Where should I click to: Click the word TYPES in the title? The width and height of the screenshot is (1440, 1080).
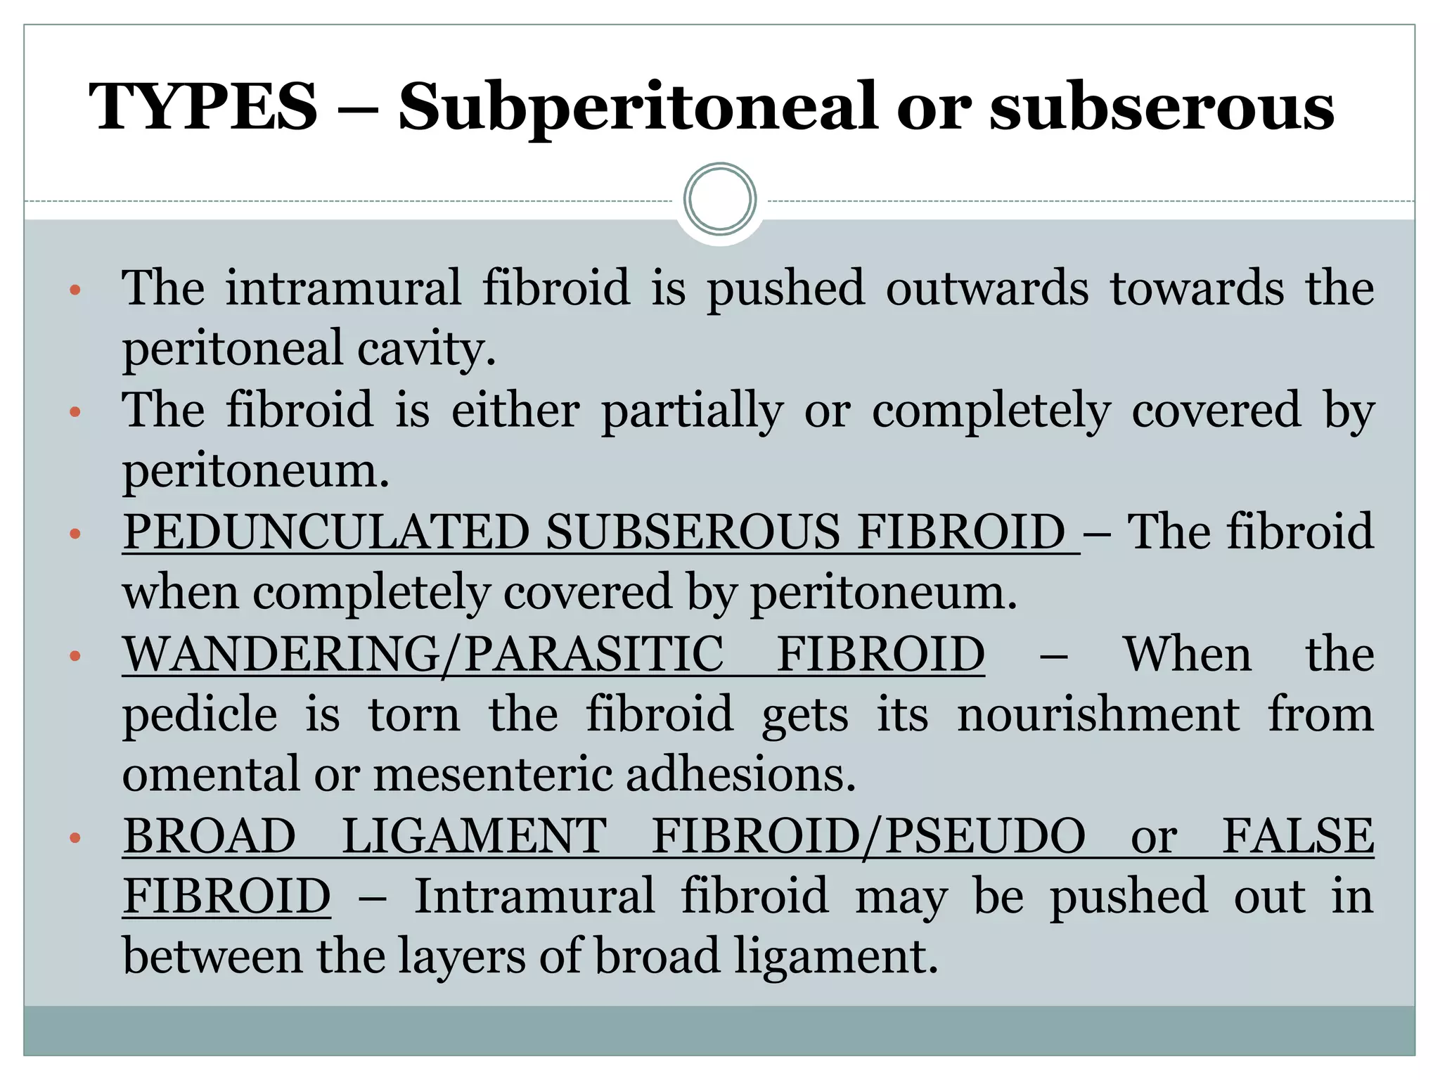(204, 107)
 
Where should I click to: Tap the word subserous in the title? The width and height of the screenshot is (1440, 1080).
(1162, 107)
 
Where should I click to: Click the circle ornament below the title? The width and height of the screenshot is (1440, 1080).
(719, 199)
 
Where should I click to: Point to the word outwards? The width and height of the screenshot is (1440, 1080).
(987, 288)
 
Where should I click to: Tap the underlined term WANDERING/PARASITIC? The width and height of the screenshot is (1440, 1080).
(423, 655)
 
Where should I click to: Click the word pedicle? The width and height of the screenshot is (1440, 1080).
(200, 715)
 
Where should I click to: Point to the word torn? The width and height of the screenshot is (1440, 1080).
(414, 715)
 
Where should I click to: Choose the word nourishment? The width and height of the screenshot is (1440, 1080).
(1098, 715)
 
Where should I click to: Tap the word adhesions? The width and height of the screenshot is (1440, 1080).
(740, 775)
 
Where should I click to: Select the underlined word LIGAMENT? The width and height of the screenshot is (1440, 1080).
(474, 837)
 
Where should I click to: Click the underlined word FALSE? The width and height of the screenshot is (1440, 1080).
(1298, 837)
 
